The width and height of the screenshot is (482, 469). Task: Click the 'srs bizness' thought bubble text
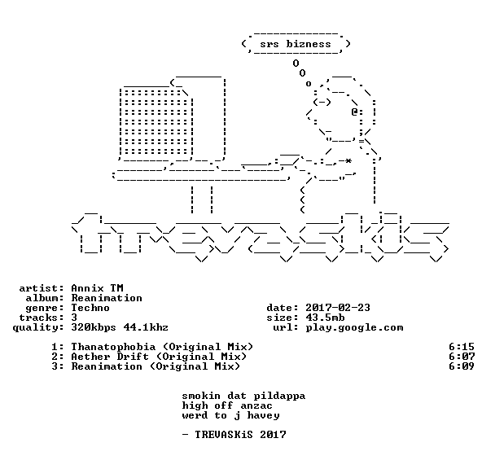(x=296, y=44)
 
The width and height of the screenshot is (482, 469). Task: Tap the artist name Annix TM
(x=97, y=288)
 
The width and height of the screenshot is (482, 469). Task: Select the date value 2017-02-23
(x=338, y=308)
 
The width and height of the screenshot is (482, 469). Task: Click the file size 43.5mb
(x=325, y=318)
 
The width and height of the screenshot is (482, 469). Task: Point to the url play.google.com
(x=354, y=327)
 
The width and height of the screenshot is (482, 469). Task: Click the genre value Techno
(x=90, y=308)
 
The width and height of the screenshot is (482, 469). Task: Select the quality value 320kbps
(x=94, y=327)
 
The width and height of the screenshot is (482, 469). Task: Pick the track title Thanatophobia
(x=113, y=347)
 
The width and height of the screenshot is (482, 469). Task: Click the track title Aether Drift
(x=110, y=357)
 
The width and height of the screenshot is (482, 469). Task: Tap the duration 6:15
(x=462, y=347)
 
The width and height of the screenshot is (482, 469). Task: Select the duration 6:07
(x=462, y=357)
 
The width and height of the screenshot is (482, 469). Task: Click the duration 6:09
(x=462, y=366)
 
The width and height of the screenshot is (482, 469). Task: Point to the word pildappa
(x=279, y=397)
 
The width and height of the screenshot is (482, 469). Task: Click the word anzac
(x=256, y=406)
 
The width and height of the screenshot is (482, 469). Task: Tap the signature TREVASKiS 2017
(x=240, y=435)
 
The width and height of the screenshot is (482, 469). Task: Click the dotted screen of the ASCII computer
(x=156, y=122)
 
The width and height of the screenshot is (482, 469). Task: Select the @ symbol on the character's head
(x=354, y=112)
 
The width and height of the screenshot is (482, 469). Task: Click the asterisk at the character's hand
(x=348, y=160)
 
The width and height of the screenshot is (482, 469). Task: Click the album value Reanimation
(x=107, y=298)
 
